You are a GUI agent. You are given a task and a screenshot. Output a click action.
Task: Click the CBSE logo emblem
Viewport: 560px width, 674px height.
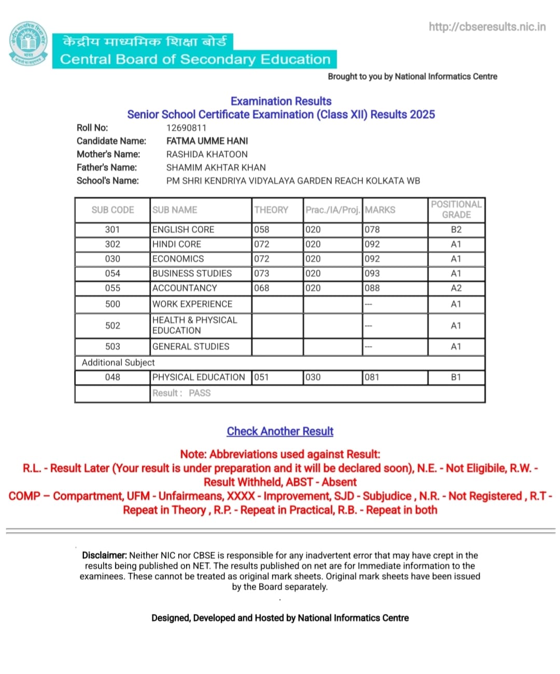tap(29, 44)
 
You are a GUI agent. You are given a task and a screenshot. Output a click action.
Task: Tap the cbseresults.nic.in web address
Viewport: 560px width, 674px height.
tap(487, 26)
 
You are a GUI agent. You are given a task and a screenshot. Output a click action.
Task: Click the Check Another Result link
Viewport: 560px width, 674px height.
tap(280, 431)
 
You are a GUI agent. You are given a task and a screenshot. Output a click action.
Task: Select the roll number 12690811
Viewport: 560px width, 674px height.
tap(186, 128)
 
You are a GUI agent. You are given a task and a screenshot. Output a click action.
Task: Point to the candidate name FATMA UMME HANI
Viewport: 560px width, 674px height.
tap(207, 141)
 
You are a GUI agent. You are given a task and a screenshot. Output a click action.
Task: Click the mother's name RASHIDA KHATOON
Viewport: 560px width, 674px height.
tap(207, 154)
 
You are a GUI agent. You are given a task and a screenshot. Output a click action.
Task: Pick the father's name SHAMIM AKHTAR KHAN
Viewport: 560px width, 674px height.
tap(216, 167)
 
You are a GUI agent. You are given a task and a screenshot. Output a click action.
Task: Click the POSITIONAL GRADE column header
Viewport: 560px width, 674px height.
tap(456, 209)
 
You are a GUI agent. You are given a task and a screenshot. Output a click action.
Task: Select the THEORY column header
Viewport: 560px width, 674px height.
tap(271, 210)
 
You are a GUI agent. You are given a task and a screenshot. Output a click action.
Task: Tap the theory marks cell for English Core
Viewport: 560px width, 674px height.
tap(262, 230)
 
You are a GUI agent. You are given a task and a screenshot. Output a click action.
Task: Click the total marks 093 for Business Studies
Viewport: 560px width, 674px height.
tap(372, 273)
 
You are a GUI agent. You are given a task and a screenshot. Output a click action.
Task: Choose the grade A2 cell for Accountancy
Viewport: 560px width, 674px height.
tap(456, 288)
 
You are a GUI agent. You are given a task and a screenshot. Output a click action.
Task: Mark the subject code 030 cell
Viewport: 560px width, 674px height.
tap(113, 259)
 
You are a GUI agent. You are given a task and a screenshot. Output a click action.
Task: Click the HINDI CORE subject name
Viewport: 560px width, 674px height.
tap(177, 244)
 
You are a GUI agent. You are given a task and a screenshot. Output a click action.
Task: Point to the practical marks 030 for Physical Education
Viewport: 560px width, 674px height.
tap(313, 377)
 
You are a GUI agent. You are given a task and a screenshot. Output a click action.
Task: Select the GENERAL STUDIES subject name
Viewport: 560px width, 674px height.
tap(191, 346)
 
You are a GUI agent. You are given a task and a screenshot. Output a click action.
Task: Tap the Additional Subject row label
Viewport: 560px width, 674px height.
tap(118, 362)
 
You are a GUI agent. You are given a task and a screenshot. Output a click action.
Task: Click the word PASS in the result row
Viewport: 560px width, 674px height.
tap(200, 393)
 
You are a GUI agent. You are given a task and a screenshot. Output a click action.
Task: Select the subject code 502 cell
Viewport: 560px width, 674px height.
tap(113, 326)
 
